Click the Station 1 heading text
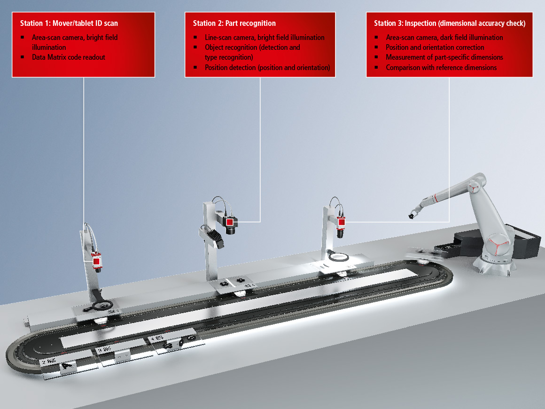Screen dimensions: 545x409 click(69, 24)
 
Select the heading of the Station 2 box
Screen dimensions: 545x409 click(234, 24)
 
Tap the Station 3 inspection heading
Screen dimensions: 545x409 click(450, 24)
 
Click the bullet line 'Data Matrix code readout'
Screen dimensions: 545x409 click(69, 57)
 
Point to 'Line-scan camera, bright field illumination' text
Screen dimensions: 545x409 click(265, 37)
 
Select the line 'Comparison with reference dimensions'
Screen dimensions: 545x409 click(441, 68)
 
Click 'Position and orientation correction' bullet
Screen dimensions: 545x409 click(435, 47)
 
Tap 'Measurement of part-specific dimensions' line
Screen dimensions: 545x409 click(444, 57)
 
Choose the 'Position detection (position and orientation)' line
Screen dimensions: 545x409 click(267, 68)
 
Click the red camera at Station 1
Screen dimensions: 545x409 click(97, 261)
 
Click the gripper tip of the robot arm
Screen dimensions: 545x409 click(411, 216)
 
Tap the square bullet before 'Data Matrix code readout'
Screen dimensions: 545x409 click(22, 57)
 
